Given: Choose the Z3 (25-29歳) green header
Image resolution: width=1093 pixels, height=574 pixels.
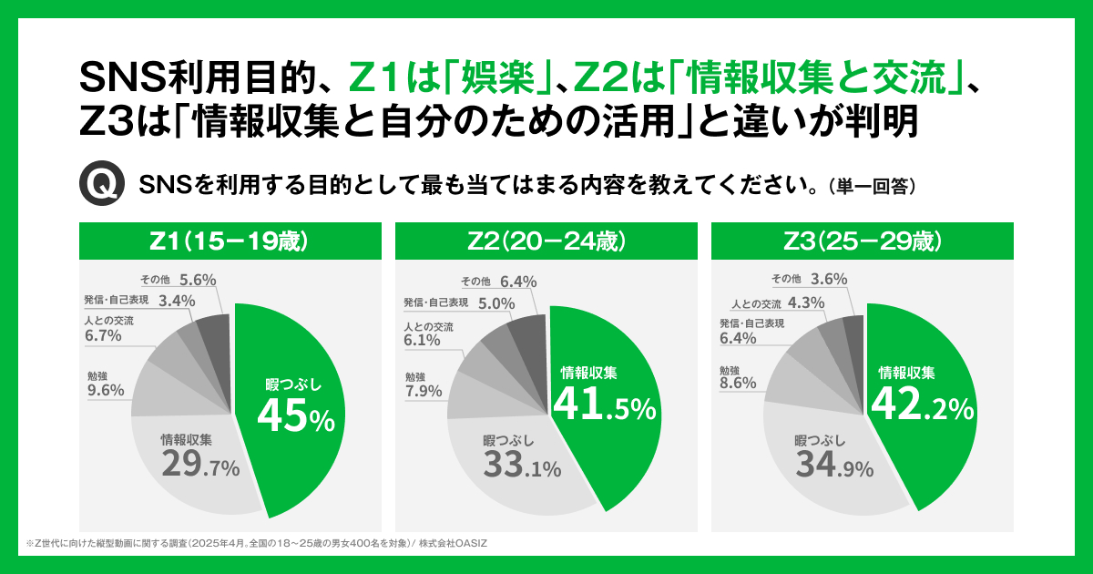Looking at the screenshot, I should tap(862, 241).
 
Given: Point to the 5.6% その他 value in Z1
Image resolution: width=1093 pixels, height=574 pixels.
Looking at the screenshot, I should tap(198, 280).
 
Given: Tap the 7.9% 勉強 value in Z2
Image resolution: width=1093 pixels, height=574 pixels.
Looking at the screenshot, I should tap(424, 392).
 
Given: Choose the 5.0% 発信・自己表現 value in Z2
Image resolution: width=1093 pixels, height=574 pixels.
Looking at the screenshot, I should tap(497, 303).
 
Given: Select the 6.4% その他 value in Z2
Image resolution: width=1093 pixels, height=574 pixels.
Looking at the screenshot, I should tap(517, 282).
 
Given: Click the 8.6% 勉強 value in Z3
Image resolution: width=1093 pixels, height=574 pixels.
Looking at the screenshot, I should tap(738, 384).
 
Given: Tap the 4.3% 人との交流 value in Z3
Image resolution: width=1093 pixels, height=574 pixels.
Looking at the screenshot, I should tap(806, 303).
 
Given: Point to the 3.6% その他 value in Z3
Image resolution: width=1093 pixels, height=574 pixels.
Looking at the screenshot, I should tap(829, 279).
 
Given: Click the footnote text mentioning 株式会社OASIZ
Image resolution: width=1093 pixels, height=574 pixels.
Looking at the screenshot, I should tap(255, 543).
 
